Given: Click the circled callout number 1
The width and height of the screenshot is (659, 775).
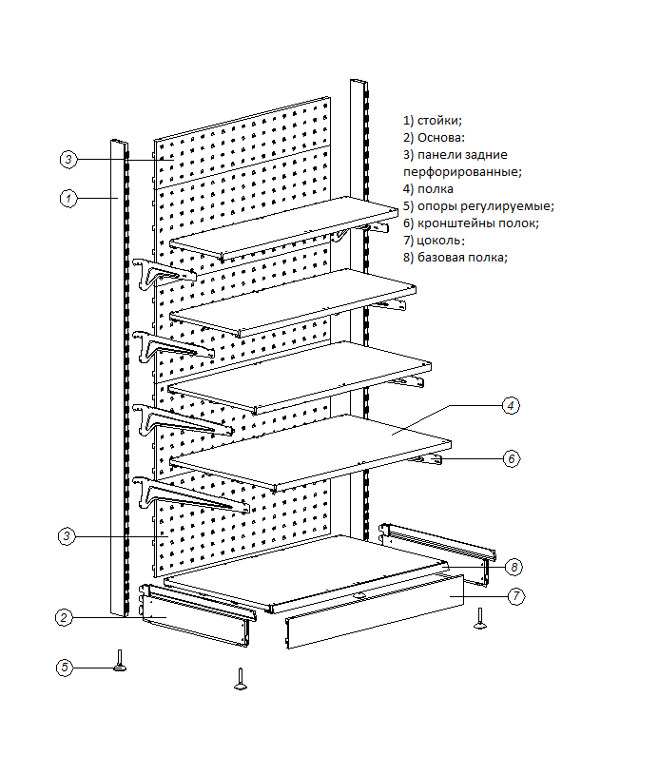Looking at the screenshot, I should [x=68, y=199].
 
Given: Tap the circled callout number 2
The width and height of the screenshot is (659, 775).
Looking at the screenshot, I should [x=64, y=618].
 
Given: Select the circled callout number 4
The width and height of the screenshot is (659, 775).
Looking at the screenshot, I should [x=511, y=405].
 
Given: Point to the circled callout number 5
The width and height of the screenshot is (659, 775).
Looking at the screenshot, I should [x=64, y=668].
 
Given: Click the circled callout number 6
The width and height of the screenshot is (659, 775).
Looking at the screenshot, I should [x=511, y=459].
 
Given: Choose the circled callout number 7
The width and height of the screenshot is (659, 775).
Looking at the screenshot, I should [x=514, y=597].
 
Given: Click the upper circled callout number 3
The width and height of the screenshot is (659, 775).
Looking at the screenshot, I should [x=68, y=159].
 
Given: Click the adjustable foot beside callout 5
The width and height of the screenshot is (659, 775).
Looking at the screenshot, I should [x=122, y=660].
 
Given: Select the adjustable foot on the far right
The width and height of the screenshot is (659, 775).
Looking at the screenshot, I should [x=481, y=618].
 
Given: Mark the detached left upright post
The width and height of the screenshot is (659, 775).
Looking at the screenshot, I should [x=119, y=380].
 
